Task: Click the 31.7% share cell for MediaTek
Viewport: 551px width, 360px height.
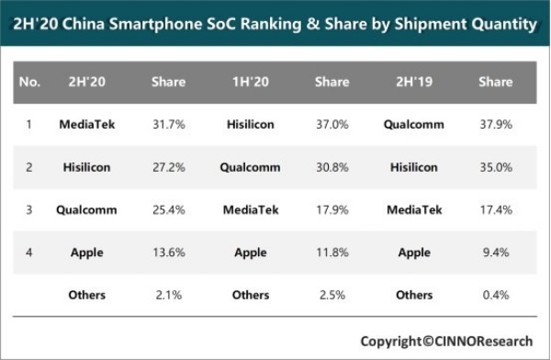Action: (168, 124)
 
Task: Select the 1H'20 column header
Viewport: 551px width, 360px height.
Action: (250, 82)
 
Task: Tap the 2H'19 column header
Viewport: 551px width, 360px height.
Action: (414, 82)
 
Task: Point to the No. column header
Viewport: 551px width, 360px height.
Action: (29, 82)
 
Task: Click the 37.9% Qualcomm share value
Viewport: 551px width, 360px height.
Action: (495, 124)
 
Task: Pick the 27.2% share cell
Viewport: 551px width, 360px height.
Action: (168, 167)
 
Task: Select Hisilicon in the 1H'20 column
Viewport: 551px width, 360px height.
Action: (250, 124)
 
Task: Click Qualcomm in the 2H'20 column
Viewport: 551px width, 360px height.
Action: (86, 209)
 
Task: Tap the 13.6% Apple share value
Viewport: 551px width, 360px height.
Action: (168, 253)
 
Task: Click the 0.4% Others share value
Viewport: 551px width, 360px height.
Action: (495, 295)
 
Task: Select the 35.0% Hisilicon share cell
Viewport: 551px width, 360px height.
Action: (495, 167)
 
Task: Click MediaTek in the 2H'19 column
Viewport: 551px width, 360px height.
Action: (414, 209)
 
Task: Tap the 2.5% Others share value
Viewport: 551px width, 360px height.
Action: (332, 295)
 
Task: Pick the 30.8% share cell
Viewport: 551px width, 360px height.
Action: (332, 167)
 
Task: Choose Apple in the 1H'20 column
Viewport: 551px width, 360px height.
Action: (250, 253)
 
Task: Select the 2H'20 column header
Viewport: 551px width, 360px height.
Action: (86, 82)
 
